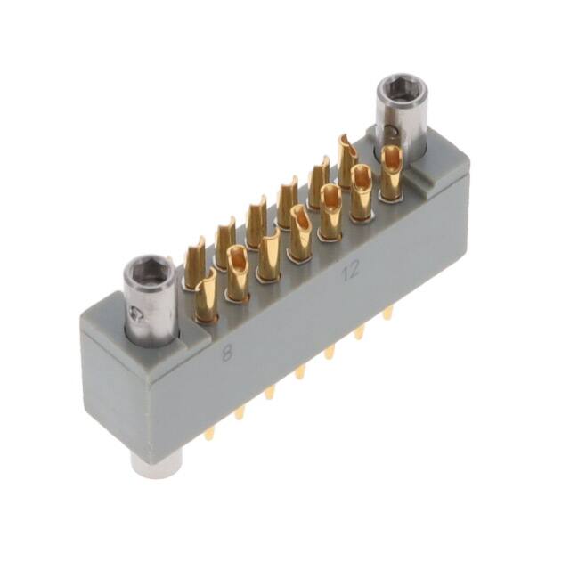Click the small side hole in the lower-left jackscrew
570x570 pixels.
(134, 313)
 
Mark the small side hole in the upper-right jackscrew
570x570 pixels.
(395, 134)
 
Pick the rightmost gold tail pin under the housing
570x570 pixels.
(387, 314)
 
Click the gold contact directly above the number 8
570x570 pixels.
(206, 294)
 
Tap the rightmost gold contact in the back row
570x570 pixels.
(347, 160)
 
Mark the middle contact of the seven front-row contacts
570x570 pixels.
(300, 233)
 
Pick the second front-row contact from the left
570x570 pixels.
(238, 273)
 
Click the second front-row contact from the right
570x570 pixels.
(361, 193)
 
